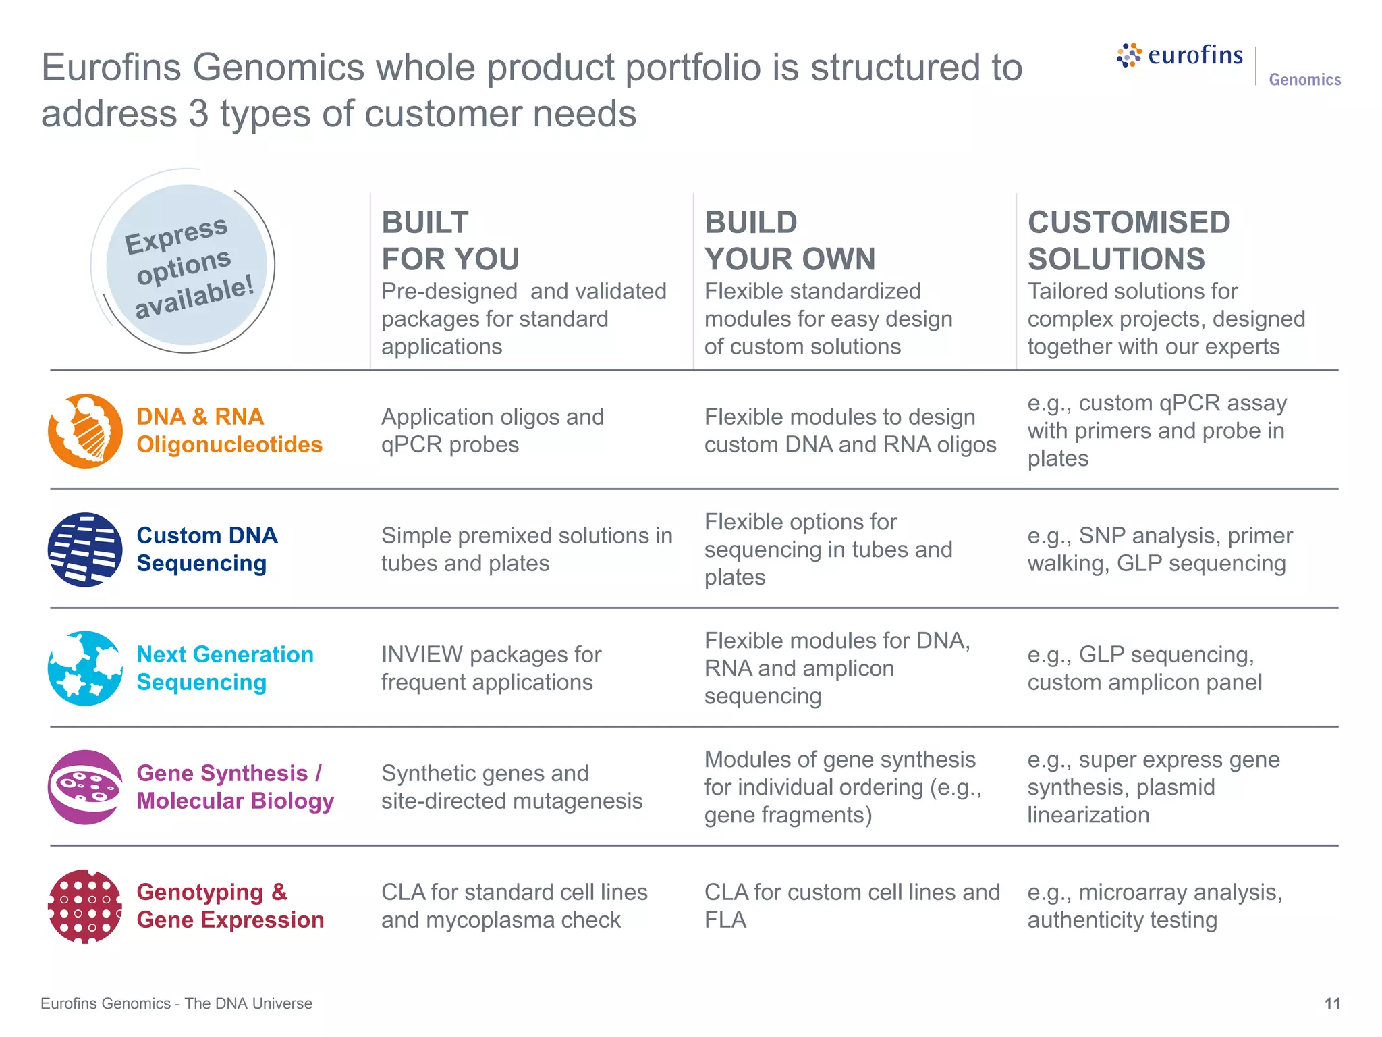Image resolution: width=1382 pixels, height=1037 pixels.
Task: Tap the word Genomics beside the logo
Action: pyautogui.click(x=1304, y=80)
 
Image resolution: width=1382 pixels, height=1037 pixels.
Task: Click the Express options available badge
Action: pyautogui.click(x=186, y=265)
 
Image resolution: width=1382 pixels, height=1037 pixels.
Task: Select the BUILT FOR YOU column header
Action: pyautogui.click(x=450, y=240)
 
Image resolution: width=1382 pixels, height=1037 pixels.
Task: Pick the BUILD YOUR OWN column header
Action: pyautogui.click(x=790, y=240)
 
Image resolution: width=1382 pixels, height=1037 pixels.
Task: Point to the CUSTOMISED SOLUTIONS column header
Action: pyautogui.click(x=1128, y=240)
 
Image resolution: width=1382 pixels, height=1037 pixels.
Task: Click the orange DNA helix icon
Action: pyautogui.click(x=85, y=431)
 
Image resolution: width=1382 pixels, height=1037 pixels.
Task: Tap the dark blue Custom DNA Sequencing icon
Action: pyautogui.click(x=85, y=550)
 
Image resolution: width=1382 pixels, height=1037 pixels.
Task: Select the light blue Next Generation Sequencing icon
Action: pyautogui.click(x=85, y=668)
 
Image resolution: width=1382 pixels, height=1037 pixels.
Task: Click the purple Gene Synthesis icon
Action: pyautogui.click(x=85, y=787)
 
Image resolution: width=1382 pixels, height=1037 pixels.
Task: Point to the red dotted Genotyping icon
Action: pyautogui.click(x=85, y=906)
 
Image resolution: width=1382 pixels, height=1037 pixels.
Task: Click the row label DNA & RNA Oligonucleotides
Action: pyautogui.click(x=229, y=431)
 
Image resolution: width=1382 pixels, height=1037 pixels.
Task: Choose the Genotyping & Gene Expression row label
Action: pyautogui.click(x=229, y=906)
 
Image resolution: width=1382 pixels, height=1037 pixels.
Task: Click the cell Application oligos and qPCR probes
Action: pyautogui.click(x=492, y=431)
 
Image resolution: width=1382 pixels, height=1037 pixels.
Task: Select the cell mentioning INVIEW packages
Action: pyautogui.click(x=491, y=668)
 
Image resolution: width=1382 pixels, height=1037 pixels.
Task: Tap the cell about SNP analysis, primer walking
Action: pyautogui.click(x=1159, y=550)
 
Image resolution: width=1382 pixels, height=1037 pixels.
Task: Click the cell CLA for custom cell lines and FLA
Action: pyautogui.click(x=851, y=906)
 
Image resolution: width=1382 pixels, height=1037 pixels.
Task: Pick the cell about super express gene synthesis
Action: pyautogui.click(x=1153, y=787)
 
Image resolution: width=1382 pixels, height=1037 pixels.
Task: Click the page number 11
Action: pyautogui.click(x=1331, y=1003)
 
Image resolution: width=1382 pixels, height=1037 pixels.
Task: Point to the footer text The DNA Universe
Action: pyautogui.click(x=248, y=1003)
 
